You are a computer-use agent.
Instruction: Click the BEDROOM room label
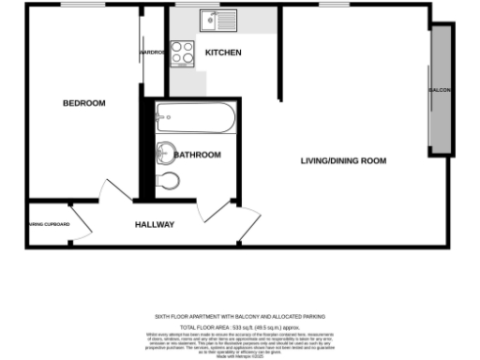pyautogui.click(x=83, y=103)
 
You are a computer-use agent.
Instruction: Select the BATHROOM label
pyautogui.click(x=197, y=155)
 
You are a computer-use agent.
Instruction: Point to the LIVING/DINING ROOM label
pyautogui.click(x=343, y=160)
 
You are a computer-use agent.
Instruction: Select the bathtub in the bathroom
pyautogui.click(x=196, y=119)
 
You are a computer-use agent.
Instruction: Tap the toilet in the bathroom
pyautogui.click(x=169, y=180)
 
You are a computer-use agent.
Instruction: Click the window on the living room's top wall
pyautogui.click(x=334, y=6)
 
